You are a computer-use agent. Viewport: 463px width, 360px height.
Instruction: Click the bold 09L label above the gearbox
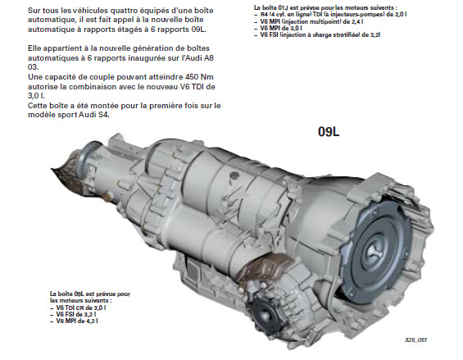329,131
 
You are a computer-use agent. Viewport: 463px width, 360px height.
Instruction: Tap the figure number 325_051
415,339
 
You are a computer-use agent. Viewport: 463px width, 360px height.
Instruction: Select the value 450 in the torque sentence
192,77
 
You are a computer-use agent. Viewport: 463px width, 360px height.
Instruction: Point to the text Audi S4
94,115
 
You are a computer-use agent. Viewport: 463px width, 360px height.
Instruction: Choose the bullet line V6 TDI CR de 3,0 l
78,308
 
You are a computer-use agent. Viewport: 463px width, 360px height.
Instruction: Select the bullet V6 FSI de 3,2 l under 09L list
73,314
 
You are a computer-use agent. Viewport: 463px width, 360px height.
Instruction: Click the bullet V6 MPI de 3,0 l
278,28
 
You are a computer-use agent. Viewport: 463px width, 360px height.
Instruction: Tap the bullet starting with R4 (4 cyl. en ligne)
330,14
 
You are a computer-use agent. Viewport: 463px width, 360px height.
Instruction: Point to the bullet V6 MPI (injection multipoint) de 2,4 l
309,21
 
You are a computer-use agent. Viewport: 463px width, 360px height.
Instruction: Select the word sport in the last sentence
68,115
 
